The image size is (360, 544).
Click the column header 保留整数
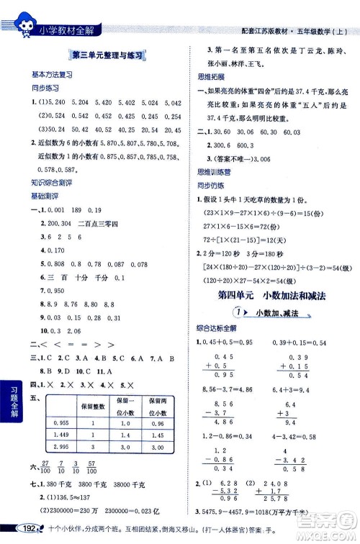(94, 404)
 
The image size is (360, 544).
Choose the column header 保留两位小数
(155, 404)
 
